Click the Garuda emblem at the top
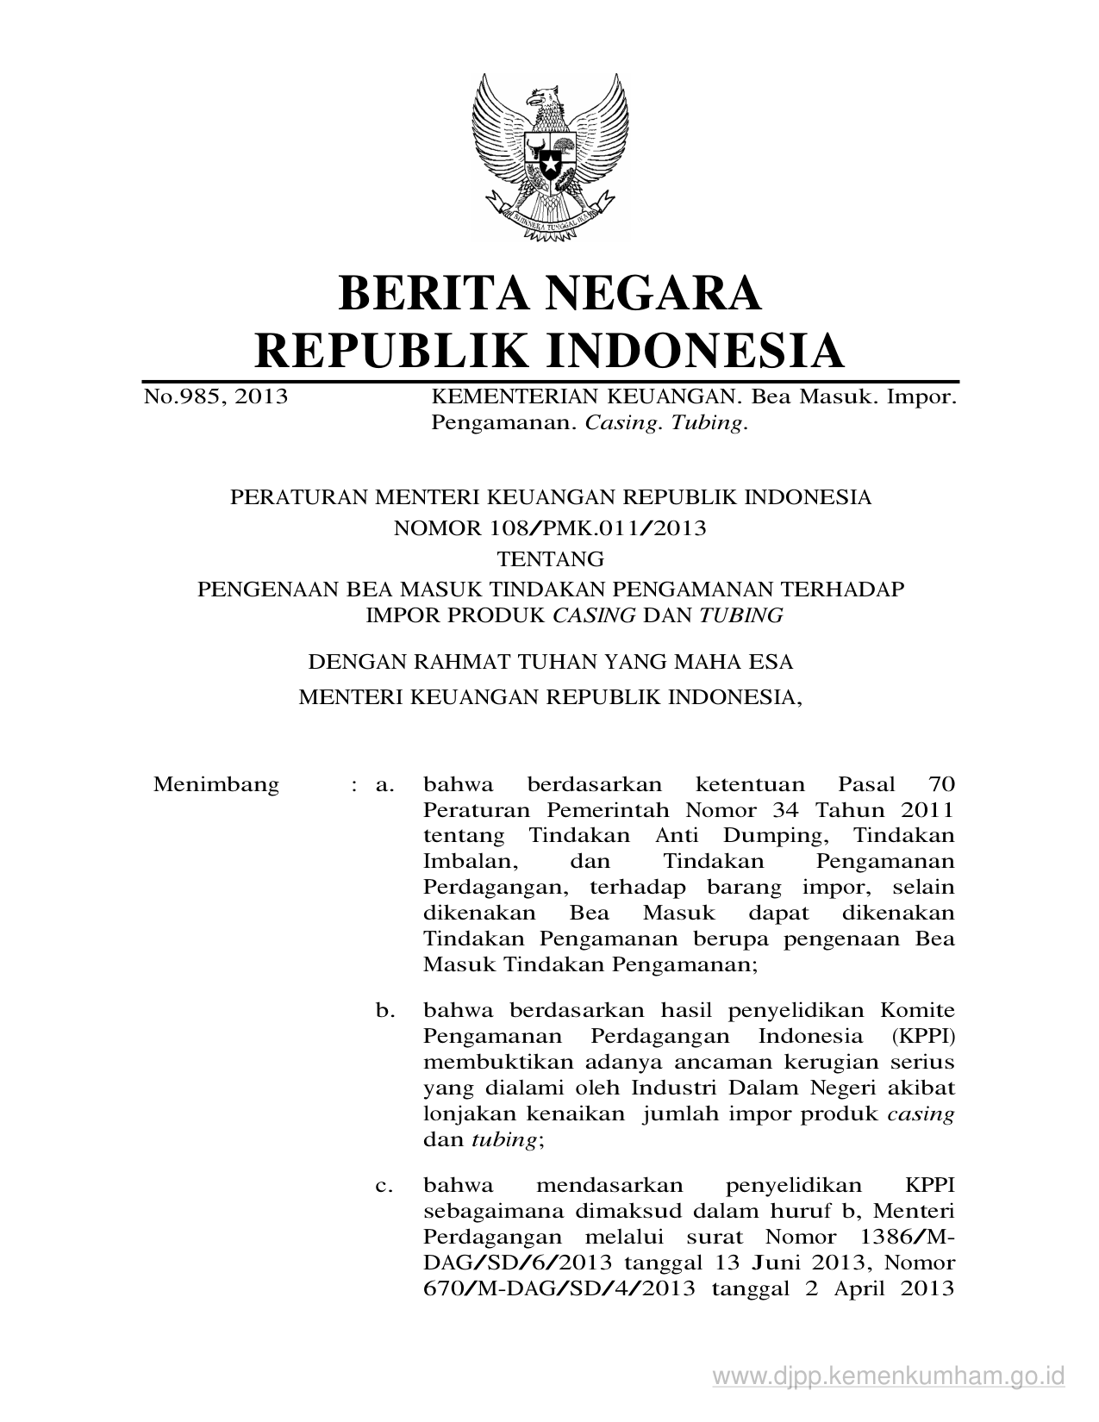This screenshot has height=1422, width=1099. (x=549, y=155)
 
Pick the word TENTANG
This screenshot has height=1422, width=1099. (x=551, y=558)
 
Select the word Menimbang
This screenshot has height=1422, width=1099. (x=216, y=784)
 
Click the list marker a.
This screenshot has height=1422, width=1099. (x=384, y=784)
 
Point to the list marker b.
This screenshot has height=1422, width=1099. (x=384, y=1010)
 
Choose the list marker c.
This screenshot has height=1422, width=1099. (x=384, y=1186)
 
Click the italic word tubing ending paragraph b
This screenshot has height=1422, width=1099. (x=503, y=1139)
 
